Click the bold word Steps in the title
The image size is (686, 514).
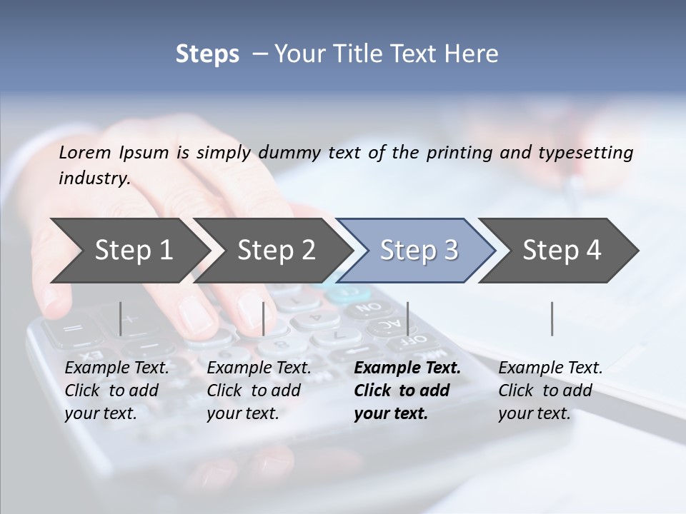[x=207, y=54]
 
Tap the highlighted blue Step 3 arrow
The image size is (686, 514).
[x=419, y=251]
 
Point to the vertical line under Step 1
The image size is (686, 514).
[x=121, y=318]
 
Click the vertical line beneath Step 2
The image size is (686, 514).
[x=264, y=318]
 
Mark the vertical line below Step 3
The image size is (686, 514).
[x=407, y=318]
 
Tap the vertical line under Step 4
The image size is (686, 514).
[x=552, y=318]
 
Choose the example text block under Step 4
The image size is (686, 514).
[x=550, y=390]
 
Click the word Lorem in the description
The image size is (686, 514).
[x=85, y=153]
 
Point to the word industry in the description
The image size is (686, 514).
[x=94, y=178]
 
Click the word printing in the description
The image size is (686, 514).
[x=453, y=153]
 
